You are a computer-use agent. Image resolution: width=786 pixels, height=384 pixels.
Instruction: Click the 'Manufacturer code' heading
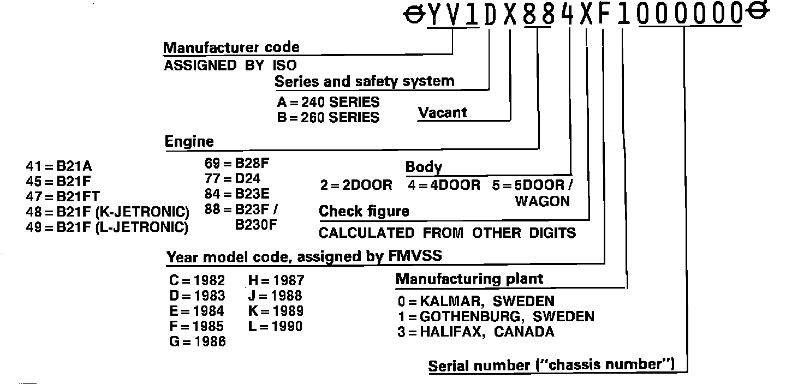click(x=231, y=47)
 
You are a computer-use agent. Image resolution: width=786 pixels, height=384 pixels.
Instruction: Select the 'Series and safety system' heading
click(x=364, y=82)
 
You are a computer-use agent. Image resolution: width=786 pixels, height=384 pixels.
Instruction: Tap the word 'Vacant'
click(x=443, y=113)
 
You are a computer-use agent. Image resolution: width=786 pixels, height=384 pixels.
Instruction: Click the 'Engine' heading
click(x=189, y=142)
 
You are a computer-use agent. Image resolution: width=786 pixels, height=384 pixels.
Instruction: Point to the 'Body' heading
click(x=424, y=167)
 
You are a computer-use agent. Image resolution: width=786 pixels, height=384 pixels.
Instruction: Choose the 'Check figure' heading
click(x=364, y=211)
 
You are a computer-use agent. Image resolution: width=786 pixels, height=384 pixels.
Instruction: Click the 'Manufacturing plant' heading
click(x=469, y=279)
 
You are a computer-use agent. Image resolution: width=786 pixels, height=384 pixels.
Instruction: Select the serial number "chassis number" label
click(x=551, y=365)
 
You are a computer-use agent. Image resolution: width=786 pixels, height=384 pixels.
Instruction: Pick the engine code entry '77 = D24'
click(x=233, y=178)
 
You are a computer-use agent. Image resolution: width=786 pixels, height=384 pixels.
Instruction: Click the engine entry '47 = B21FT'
click(x=63, y=196)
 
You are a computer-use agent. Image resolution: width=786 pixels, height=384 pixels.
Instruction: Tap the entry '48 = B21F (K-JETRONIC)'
click(x=108, y=212)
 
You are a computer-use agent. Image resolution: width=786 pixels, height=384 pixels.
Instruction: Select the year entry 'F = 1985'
click(x=196, y=327)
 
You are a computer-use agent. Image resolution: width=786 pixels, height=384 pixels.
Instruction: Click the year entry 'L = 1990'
click(x=275, y=327)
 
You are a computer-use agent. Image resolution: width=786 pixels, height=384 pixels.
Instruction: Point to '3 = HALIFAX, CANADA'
click(x=475, y=332)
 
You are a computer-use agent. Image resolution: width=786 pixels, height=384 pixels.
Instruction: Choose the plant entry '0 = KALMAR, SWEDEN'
click(x=475, y=301)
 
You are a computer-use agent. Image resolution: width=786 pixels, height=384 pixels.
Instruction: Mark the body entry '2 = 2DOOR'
click(x=356, y=185)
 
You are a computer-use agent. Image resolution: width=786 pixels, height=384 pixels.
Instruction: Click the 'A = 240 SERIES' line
click(x=328, y=102)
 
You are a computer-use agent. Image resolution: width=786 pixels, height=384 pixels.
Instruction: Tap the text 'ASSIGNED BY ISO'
click(x=230, y=66)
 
